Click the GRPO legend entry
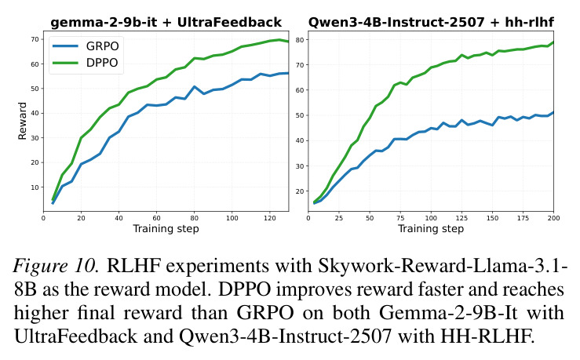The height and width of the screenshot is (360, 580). (x=86, y=46)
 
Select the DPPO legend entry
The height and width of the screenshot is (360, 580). (x=86, y=63)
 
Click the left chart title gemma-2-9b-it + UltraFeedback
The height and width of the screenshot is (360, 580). (x=166, y=23)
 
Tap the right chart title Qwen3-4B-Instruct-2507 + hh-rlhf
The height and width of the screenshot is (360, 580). (x=431, y=23)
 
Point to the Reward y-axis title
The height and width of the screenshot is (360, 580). (x=23, y=121)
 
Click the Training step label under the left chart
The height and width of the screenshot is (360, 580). (x=166, y=229)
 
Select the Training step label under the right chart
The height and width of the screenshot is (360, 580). (x=431, y=229)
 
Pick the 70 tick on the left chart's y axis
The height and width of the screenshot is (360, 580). (x=35, y=39)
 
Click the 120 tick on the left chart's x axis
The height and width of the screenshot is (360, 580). (x=270, y=218)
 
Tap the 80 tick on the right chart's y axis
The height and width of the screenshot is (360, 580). (x=300, y=39)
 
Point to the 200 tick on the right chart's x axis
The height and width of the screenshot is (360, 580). (x=554, y=218)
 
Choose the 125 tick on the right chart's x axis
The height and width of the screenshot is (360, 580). (x=461, y=218)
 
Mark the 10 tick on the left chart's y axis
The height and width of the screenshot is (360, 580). (x=35, y=187)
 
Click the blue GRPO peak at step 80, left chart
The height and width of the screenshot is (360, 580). (x=194, y=87)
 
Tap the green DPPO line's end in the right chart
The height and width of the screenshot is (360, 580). (x=553, y=42)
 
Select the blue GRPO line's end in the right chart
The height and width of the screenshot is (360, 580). (x=553, y=112)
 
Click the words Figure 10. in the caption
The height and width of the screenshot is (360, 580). (x=57, y=266)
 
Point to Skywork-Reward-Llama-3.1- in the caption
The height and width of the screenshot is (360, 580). (x=443, y=266)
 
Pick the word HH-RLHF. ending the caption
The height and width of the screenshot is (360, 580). (x=487, y=336)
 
